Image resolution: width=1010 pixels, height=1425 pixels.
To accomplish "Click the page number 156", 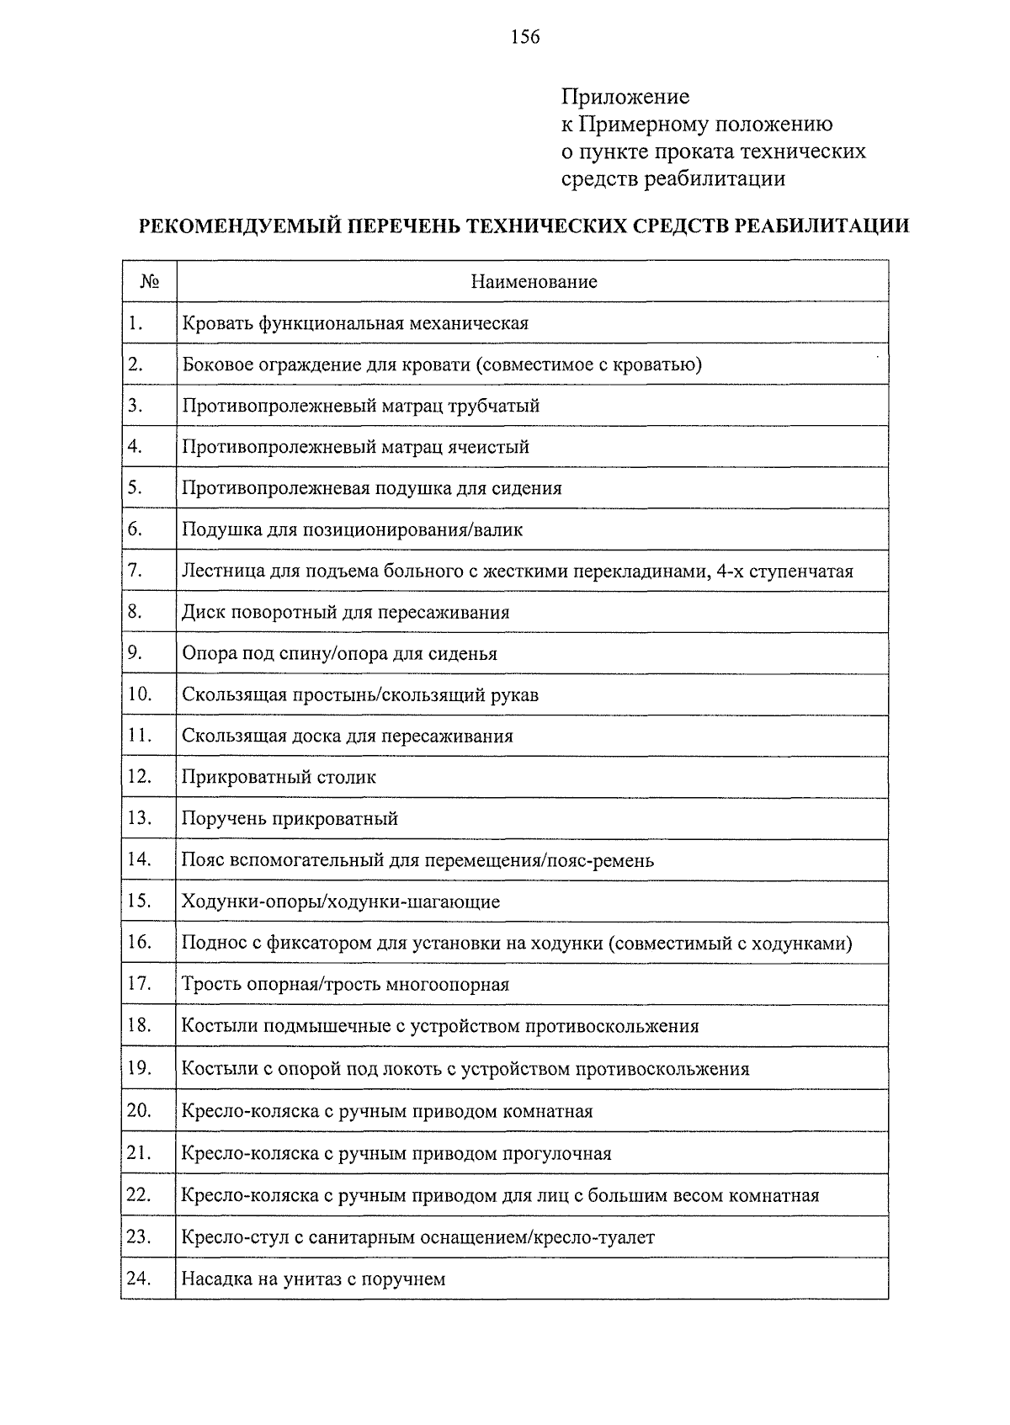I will coord(524,36).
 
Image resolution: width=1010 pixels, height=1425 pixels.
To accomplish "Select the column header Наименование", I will coord(534,282).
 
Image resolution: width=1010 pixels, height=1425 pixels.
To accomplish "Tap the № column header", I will coord(149,282).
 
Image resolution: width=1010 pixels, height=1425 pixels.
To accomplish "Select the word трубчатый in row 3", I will coord(495,406).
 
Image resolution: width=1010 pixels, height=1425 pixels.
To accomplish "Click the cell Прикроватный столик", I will coord(279,777).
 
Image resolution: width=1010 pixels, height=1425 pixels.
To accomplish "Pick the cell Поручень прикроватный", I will coord(290,818).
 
